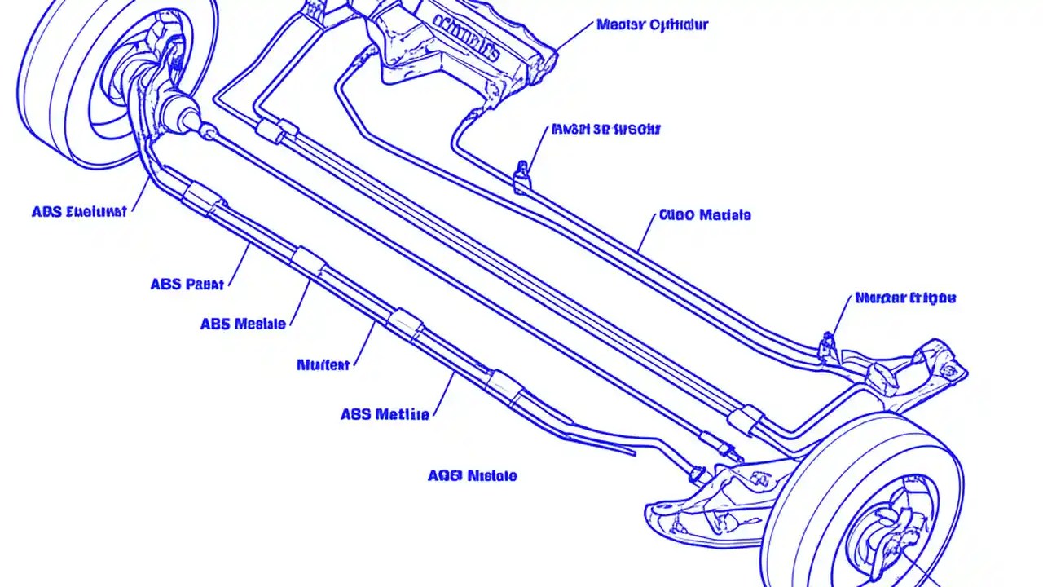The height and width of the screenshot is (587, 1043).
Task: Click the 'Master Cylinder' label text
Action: click(x=652, y=24)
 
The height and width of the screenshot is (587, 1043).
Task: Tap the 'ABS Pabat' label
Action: click(x=187, y=285)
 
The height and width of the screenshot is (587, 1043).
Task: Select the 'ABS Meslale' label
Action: click(x=243, y=324)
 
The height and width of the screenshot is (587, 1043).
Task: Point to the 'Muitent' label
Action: click(x=323, y=364)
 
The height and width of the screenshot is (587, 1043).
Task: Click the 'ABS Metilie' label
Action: click(x=385, y=414)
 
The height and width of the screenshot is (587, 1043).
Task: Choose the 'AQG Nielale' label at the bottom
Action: click(x=472, y=475)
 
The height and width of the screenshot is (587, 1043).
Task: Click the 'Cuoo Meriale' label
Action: click(x=704, y=215)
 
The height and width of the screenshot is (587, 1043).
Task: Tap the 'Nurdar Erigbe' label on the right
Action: click(x=904, y=298)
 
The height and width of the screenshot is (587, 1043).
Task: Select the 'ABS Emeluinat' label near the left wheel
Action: click(x=79, y=212)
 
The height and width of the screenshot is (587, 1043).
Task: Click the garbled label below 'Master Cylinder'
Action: click(x=606, y=129)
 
